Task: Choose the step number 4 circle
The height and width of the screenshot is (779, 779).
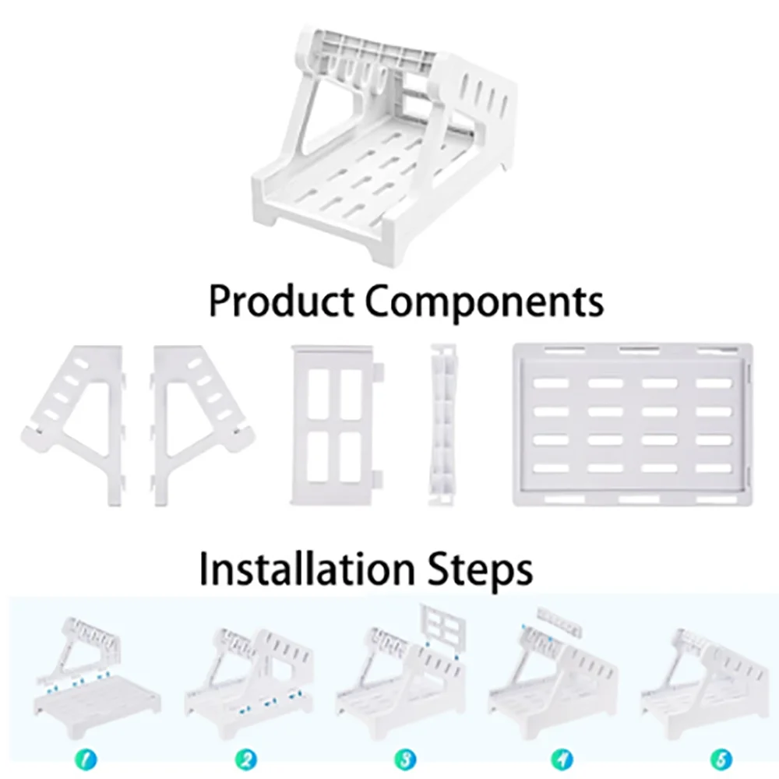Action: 559,756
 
